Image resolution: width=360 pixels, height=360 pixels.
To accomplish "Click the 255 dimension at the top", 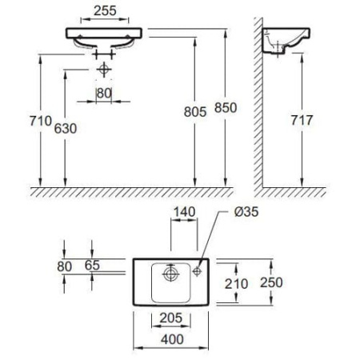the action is coord(105,10).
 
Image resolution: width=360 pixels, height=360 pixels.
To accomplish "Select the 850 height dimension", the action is coord(226,108).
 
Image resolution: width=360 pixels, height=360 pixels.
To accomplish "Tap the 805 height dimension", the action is coord(195,112).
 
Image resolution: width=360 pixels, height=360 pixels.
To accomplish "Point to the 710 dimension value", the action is coord(41,121).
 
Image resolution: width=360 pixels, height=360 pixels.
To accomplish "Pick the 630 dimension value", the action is coord(66,128).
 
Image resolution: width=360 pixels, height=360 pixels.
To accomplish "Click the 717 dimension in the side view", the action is coord(302,120).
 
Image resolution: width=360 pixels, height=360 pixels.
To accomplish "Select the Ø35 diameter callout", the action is coord(246,212).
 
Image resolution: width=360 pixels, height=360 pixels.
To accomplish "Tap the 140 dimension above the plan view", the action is coord(185,212).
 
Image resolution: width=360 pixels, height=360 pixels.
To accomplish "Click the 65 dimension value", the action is coord(92,265).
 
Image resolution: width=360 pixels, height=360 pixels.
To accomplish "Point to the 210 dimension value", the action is coord(236,284).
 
